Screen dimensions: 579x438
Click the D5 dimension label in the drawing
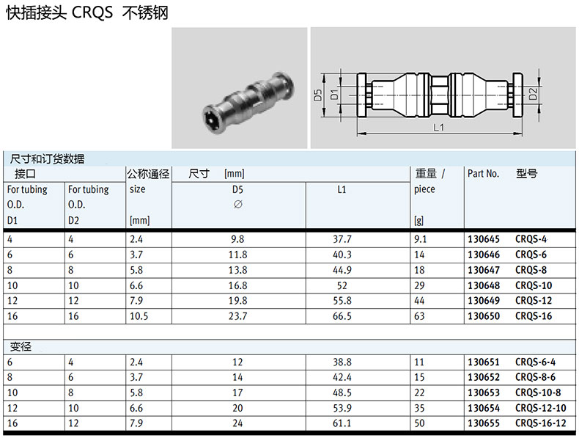pyautogui.click(x=318, y=95)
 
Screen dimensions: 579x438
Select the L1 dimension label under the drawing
pyautogui.click(x=439, y=128)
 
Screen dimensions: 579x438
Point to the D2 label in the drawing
pyautogui.click(x=533, y=94)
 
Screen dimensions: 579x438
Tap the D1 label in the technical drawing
pyautogui.click(x=334, y=94)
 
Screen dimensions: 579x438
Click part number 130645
pyautogui.click(x=484, y=239)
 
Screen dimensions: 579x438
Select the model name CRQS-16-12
pyautogui.click(x=541, y=423)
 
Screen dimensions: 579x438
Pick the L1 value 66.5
pyautogui.click(x=342, y=316)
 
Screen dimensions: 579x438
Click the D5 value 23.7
pyautogui.click(x=237, y=316)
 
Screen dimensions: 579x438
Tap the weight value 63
pyautogui.click(x=419, y=316)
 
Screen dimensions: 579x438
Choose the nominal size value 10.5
pyautogui.click(x=139, y=316)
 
